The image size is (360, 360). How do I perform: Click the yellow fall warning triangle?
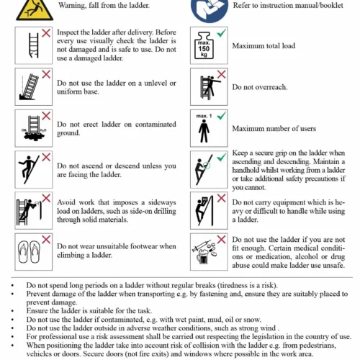pyautogui.click(x=35, y=12)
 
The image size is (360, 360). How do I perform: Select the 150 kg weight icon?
pyautogui.click(x=204, y=46)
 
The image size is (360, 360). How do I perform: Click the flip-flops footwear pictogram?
pyautogui.click(x=30, y=252)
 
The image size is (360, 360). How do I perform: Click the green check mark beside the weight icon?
pyautogui.click(x=221, y=32)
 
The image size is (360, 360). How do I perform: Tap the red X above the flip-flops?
pyautogui.click(x=46, y=239)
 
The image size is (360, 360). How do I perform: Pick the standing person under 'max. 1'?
pyautogui.click(x=204, y=131)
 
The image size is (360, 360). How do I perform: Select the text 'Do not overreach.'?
pyautogui.click(x=260, y=87)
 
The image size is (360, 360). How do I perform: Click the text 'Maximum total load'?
pyautogui.click(x=264, y=45)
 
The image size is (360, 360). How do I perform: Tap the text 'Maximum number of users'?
pyautogui.click(x=274, y=128)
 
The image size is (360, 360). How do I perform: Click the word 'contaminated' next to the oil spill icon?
pyautogui.click(x=156, y=124)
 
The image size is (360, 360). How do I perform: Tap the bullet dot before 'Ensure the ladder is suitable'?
pyautogui.click(x=12, y=311)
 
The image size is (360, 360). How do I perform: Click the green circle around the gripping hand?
pyautogui.click(x=207, y=165)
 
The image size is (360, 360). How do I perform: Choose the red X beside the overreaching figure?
pyautogui.click(x=221, y=74)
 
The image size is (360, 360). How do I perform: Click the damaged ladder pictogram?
pyautogui.click(x=34, y=45)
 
